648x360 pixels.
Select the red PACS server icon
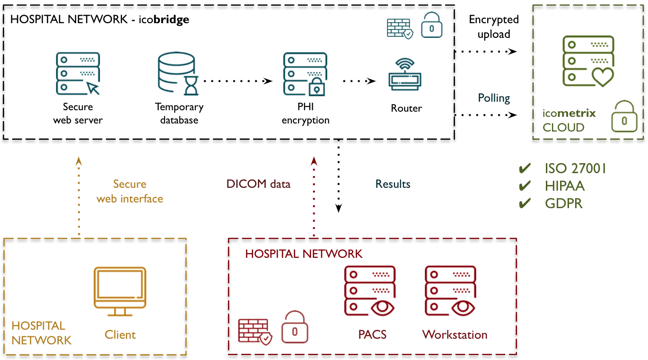pyautogui.click(x=370, y=290)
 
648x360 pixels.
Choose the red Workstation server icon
pyautogui.click(x=450, y=290)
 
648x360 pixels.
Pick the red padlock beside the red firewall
pyautogui.click(x=295, y=327)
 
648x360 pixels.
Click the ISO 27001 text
pyautogui.click(x=575, y=169)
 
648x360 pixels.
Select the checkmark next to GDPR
pyautogui.click(x=525, y=203)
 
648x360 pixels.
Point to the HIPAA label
pyautogui.click(x=564, y=186)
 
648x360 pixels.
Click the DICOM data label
pyautogui.click(x=258, y=184)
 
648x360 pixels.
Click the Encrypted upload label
pyautogui.click(x=493, y=27)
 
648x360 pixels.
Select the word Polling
pyautogui.click(x=493, y=98)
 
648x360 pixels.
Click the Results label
pyautogui.click(x=393, y=184)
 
